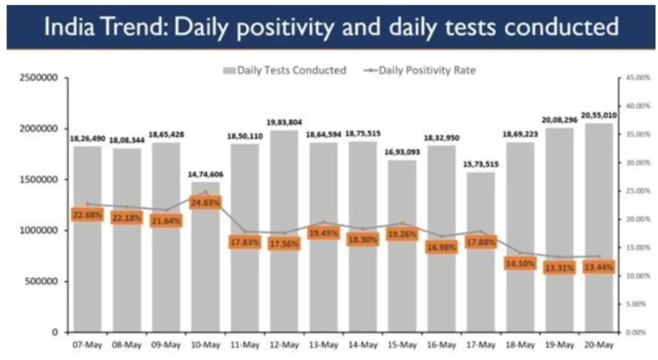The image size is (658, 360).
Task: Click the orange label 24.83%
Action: [206, 203]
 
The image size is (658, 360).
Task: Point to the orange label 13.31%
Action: [559, 268]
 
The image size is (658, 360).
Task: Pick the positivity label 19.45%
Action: [323, 234]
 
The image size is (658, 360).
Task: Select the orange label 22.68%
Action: [87, 215]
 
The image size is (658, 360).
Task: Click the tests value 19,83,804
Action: [284, 122]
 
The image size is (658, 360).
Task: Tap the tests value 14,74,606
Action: [206, 174]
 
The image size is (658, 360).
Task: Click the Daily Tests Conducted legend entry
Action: [285, 70]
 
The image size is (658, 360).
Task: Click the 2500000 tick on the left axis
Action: [39, 78]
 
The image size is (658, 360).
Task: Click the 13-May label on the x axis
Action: [323, 345]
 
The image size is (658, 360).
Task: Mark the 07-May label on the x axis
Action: [87, 345]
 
